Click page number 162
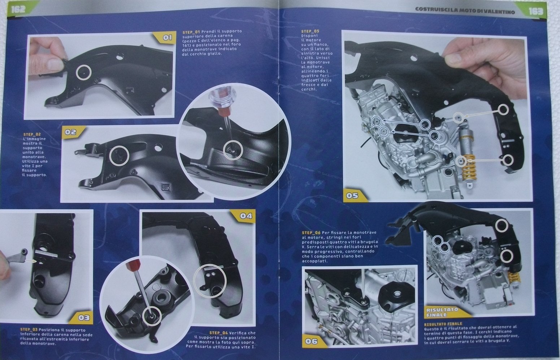pos(18,9)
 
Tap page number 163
pos(536,11)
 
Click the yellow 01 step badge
pos(166,38)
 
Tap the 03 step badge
pos(83,318)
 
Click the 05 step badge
pos(353,195)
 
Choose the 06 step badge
pos(313,341)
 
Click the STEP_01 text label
pos(191,32)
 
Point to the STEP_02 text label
pos(32,134)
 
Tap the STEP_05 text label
pos(310,31)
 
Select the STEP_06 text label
pos(311,233)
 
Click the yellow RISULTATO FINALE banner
pos(443,312)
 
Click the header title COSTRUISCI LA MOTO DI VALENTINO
pos(465,11)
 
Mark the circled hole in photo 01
pos(83,73)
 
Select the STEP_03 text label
pos(29,330)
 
